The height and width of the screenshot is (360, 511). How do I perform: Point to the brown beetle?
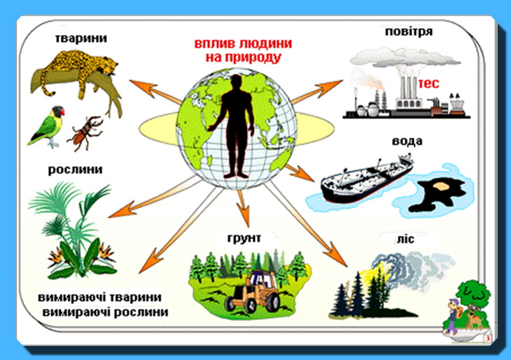click(x=87, y=131)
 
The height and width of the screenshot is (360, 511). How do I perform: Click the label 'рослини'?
click(x=76, y=169)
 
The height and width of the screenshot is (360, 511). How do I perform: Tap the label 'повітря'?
click(x=408, y=32)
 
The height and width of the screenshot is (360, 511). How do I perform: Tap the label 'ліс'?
click(x=406, y=240)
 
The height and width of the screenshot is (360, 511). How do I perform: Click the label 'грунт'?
click(x=244, y=238)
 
